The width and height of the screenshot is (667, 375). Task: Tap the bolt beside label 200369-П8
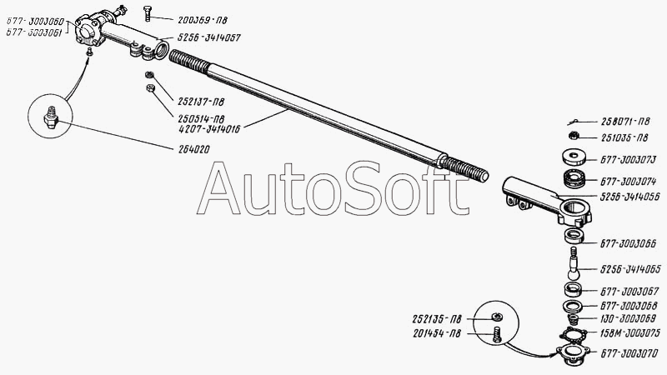147,12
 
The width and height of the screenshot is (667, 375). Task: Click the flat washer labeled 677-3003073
574,156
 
